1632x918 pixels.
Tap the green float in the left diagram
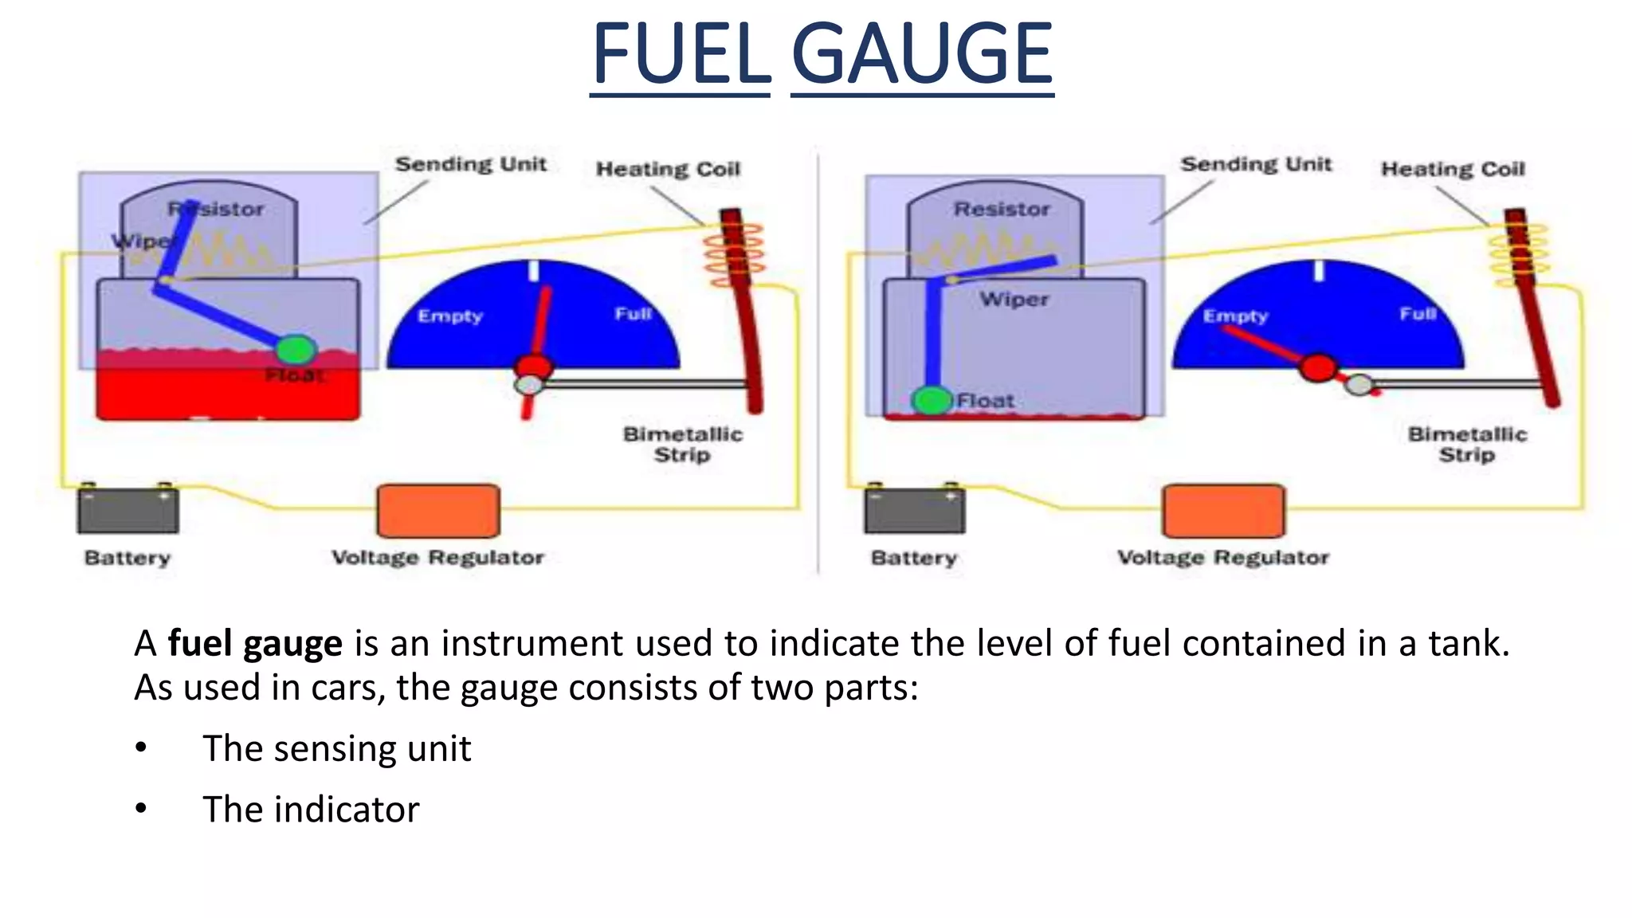[296, 349]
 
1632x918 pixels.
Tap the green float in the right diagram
[932, 400]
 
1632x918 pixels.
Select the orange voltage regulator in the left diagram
[438, 511]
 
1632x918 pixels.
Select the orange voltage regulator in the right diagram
[1223, 511]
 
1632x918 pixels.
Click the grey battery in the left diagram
[127, 511]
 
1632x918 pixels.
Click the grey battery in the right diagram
[914, 511]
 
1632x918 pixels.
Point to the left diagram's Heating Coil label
[668, 169]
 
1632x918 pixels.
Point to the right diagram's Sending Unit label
[1255, 164]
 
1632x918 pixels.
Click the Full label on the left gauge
[633, 314]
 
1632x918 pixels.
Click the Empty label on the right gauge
[1235, 316]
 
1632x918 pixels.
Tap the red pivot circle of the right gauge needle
[1318, 367]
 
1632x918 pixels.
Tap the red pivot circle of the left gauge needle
[533, 367]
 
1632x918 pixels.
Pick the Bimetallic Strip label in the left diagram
[682, 444]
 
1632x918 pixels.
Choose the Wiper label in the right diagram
[1014, 299]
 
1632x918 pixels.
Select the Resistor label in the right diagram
[1002, 209]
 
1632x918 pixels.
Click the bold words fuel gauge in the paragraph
[255, 643]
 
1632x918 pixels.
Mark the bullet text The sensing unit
[336, 748]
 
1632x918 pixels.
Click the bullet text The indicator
[311, 809]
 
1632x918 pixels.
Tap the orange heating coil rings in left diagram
[733, 254]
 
